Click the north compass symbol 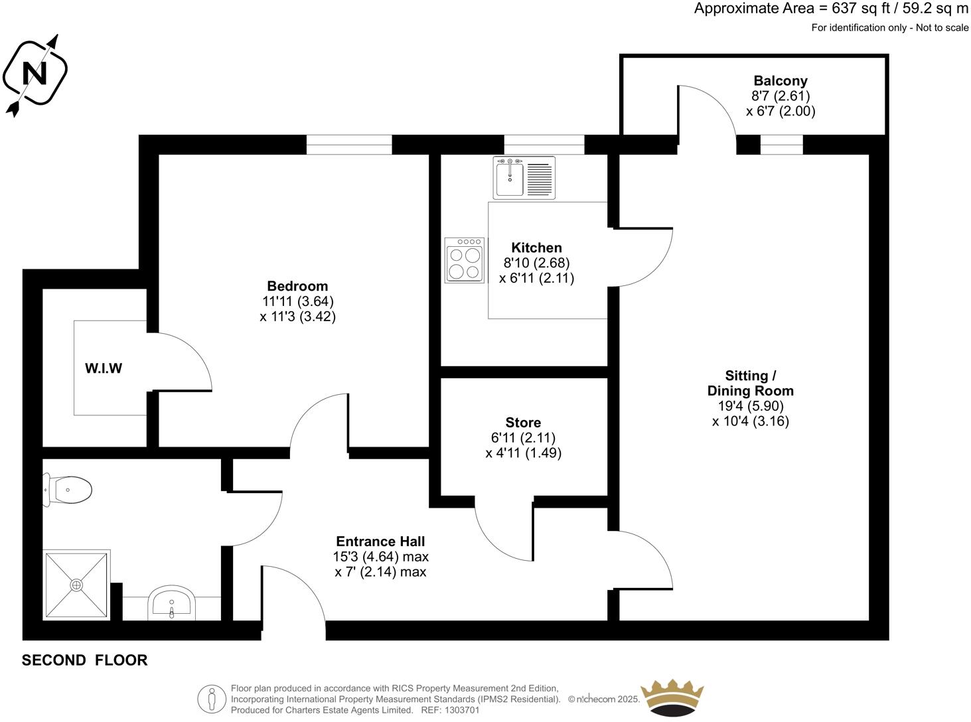[x=35, y=73]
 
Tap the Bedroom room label [x=297, y=286]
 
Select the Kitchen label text [x=536, y=248]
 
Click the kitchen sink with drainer [x=524, y=177]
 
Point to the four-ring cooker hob [x=465, y=260]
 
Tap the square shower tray [x=76, y=585]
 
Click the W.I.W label [x=104, y=368]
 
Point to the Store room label [x=523, y=423]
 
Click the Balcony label [x=781, y=81]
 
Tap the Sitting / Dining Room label [x=750, y=383]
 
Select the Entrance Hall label [x=380, y=541]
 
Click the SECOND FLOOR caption [x=84, y=660]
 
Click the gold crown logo [x=672, y=697]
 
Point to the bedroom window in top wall [x=349, y=145]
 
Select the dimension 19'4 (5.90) [x=750, y=405]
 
